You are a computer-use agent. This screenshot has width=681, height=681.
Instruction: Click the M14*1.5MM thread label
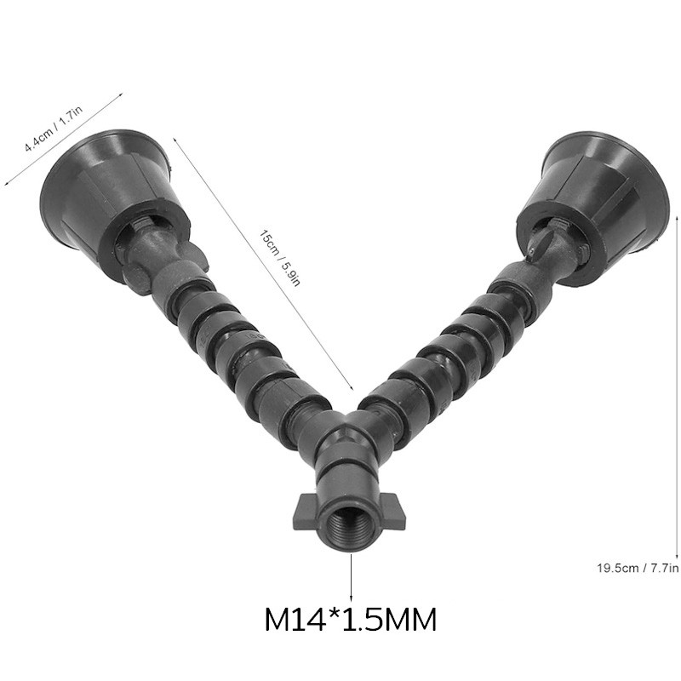350,620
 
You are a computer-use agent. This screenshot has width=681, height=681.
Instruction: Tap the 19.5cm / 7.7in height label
638,568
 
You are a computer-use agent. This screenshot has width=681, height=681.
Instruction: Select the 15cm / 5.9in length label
280,258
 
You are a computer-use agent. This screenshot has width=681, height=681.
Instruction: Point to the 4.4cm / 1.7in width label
54,129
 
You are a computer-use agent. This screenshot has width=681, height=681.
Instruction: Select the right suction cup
592,209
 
